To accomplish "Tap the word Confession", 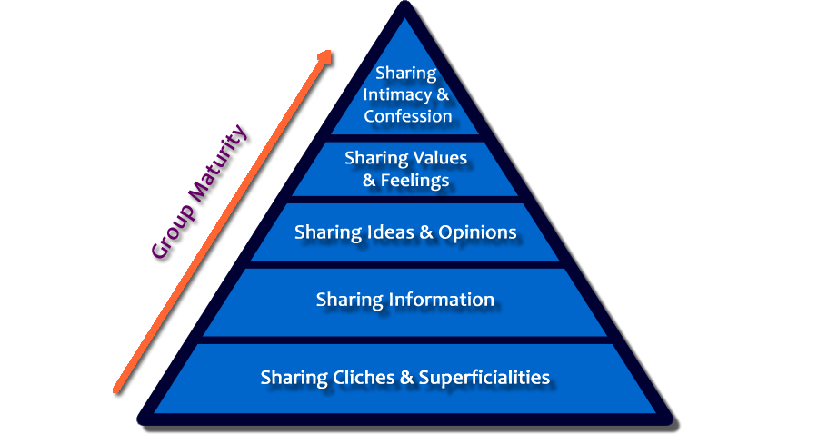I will click(x=408, y=116).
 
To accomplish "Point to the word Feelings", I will click(x=415, y=181).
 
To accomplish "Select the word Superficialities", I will click(x=484, y=377).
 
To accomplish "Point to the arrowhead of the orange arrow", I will click(x=324, y=56).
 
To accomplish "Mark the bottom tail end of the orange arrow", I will click(x=115, y=392).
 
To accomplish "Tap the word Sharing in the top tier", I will click(x=405, y=74).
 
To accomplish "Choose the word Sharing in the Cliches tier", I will click(x=290, y=377).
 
